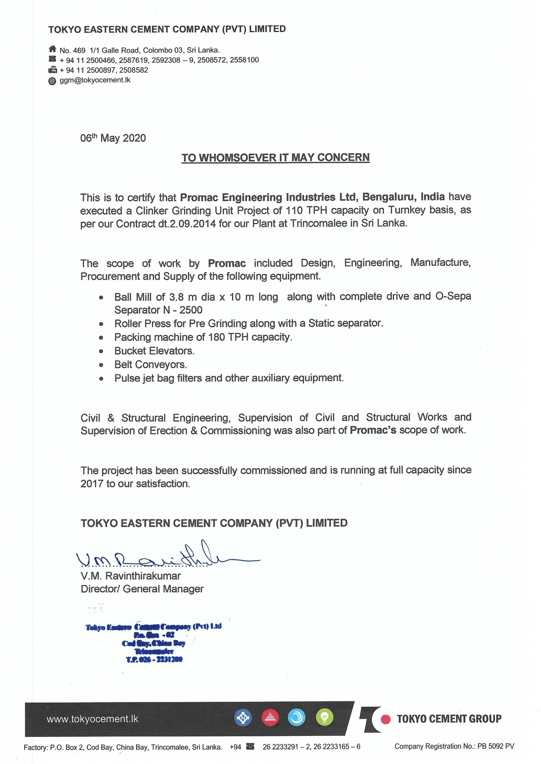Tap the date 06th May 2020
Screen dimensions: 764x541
(113, 138)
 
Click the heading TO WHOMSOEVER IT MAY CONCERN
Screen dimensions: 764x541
(276, 158)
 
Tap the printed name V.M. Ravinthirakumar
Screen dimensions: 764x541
(131, 576)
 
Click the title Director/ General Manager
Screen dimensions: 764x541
(142, 589)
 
